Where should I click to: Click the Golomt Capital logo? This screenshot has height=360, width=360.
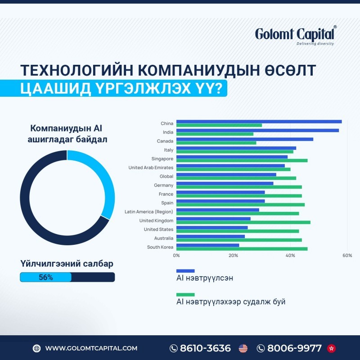[296, 36]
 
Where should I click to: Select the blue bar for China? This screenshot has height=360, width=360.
[259, 121]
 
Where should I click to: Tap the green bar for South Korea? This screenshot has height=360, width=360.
[242, 249]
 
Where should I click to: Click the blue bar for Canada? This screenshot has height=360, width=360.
[245, 139]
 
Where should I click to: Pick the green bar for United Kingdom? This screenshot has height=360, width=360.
[243, 222]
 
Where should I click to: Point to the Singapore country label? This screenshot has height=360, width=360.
[162, 159]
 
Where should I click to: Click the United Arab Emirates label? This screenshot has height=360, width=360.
[151, 167]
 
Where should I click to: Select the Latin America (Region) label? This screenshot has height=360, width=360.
[149, 211]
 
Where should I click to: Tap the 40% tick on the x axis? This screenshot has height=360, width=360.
[290, 256]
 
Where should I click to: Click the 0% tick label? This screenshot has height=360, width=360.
[176, 256]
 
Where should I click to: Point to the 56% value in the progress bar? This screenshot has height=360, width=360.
[46, 277]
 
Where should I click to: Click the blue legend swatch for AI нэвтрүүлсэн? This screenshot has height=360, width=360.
[185, 271]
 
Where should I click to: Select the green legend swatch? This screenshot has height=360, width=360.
[185, 295]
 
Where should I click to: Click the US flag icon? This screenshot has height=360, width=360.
[243, 348]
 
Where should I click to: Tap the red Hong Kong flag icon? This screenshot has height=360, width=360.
[331, 348]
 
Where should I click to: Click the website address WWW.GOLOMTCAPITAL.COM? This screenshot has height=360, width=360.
[91, 348]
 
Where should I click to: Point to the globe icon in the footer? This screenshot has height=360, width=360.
[36, 348]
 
